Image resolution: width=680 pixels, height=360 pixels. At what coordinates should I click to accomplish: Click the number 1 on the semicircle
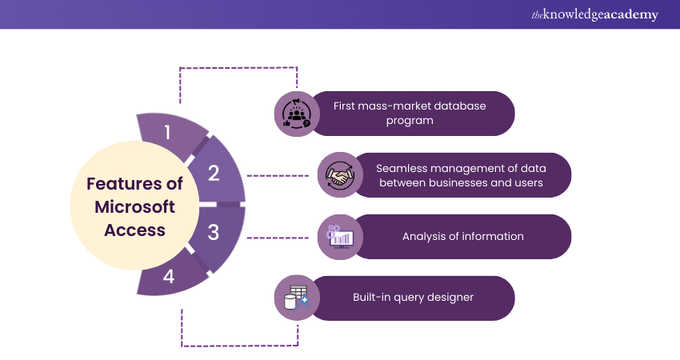click(167, 132)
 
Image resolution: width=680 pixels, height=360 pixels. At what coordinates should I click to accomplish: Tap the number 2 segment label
click(214, 173)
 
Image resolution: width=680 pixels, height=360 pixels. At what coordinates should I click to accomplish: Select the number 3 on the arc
click(214, 233)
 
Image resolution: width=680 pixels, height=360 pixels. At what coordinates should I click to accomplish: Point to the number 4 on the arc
click(170, 277)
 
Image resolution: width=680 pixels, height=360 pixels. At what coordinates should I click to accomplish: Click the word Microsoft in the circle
click(134, 206)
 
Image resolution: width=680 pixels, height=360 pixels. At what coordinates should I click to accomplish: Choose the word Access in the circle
click(134, 230)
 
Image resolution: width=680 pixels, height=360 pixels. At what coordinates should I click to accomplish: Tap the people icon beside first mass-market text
click(297, 114)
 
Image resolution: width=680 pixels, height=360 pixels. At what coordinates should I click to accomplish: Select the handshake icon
click(339, 175)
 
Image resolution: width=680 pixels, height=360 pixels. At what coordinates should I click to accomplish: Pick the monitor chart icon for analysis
click(339, 237)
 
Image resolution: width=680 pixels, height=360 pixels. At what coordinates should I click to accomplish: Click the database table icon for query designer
click(297, 298)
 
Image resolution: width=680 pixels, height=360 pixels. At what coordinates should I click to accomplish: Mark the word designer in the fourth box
click(448, 297)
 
